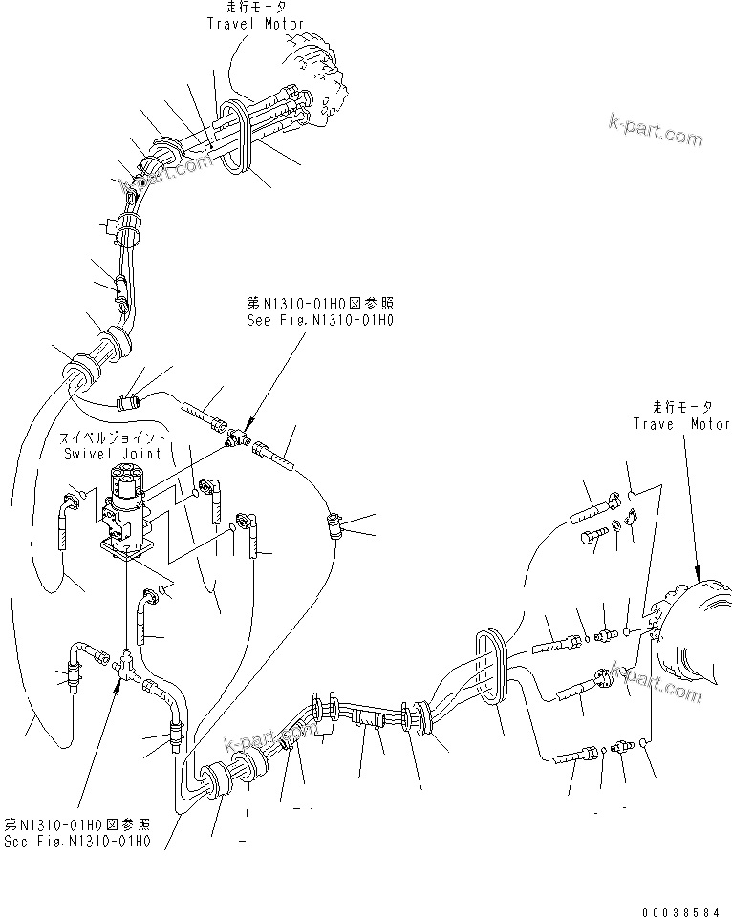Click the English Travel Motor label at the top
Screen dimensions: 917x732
click(256, 23)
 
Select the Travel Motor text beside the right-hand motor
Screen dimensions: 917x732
click(680, 424)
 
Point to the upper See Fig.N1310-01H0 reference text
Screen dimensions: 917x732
click(318, 321)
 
